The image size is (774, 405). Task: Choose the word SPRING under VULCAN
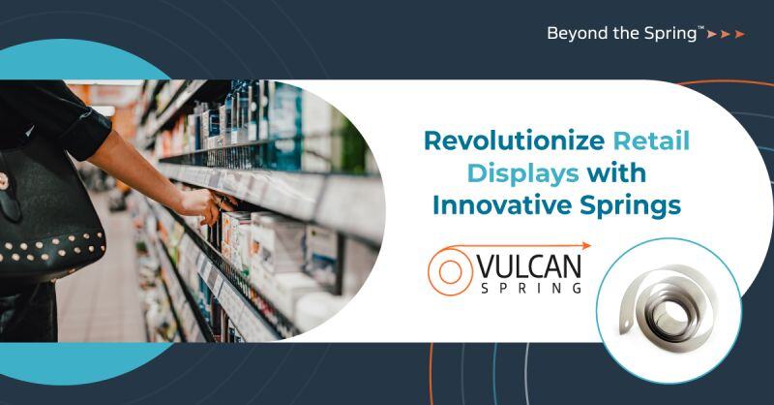click(x=529, y=287)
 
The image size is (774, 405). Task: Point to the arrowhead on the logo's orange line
click(x=586, y=246)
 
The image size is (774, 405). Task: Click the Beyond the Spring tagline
click(x=624, y=33)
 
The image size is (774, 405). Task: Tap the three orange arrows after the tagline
click(x=726, y=34)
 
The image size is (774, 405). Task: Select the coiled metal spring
click(x=669, y=309)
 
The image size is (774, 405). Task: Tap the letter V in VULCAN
click(x=486, y=265)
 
